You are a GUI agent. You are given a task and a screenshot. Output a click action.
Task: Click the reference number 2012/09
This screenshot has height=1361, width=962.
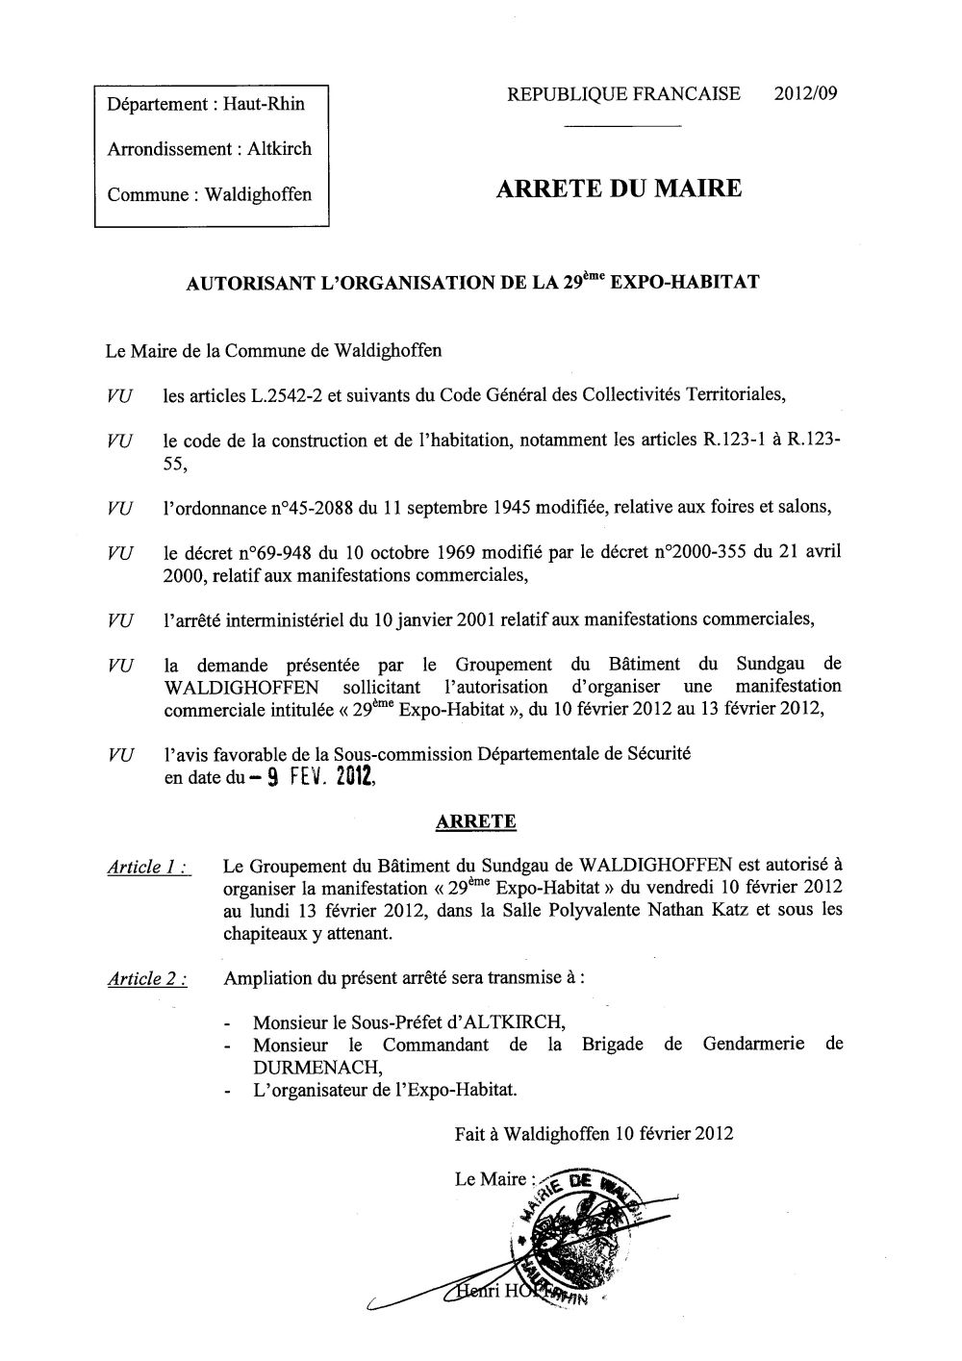[x=805, y=93]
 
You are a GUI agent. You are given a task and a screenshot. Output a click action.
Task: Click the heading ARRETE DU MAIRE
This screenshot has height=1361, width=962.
[x=620, y=188]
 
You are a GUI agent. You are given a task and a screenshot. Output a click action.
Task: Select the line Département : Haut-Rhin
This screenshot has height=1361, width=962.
[x=206, y=104]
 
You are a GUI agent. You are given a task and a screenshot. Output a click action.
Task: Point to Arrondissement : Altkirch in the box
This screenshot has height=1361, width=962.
[x=210, y=149]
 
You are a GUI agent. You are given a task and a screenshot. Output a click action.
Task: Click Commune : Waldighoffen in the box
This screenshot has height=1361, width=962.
[x=210, y=194]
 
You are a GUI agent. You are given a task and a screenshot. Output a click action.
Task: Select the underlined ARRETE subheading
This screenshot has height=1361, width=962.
[x=476, y=821]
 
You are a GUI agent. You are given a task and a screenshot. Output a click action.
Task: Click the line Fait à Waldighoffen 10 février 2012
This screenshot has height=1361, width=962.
[x=594, y=1133]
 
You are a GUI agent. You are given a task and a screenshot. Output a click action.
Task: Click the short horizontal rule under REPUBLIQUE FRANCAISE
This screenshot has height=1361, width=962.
[x=621, y=127]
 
